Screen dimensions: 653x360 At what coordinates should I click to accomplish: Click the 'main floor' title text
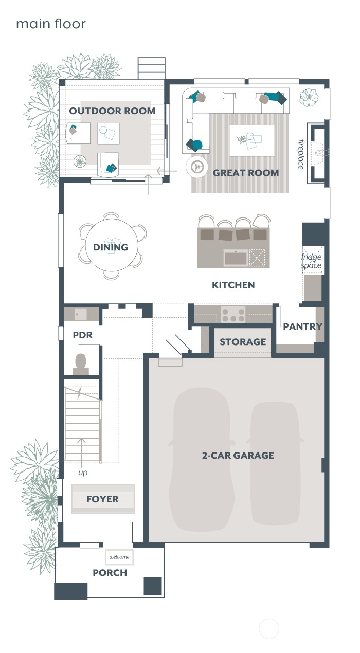(50, 24)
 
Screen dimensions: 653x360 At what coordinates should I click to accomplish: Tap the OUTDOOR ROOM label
(112, 111)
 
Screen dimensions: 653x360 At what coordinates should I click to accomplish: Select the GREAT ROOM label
(246, 173)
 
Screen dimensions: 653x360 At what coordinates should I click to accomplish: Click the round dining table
(111, 247)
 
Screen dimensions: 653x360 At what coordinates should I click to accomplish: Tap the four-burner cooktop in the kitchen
(233, 314)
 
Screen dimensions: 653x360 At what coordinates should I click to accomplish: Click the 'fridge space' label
(311, 261)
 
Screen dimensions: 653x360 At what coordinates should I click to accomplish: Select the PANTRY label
(302, 326)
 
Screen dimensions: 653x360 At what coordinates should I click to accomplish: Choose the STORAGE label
(243, 342)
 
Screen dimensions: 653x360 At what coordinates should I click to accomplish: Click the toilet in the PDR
(81, 364)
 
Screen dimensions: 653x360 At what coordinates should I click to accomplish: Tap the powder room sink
(81, 314)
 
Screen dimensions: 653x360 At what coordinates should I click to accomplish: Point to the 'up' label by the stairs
(82, 473)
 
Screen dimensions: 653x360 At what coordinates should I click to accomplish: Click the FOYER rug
(103, 499)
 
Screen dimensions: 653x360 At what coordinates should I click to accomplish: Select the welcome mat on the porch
(119, 557)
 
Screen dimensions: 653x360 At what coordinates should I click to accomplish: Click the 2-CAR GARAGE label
(238, 455)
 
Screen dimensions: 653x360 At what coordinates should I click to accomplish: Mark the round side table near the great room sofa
(196, 166)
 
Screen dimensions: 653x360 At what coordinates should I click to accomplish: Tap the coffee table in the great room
(251, 140)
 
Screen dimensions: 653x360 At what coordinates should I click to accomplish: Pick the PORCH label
(110, 573)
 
